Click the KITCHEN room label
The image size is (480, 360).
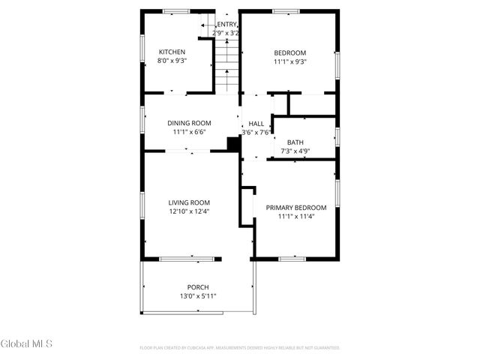tap(172, 52)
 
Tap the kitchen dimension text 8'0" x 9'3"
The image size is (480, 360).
tap(172, 61)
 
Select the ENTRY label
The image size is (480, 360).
tap(227, 24)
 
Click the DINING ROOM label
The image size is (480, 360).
tap(189, 123)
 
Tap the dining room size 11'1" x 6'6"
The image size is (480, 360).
tap(189, 132)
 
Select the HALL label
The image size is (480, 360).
tap(256, 124)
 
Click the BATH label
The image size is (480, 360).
tap(295, 142)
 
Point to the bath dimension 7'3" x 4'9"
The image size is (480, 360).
tap(295, 151)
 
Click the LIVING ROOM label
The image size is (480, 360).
tap(189, 202)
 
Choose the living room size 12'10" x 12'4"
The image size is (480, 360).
tap(189, 211)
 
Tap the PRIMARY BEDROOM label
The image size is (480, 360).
tap(296, 208)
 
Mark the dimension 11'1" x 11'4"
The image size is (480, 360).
tap(296, 217)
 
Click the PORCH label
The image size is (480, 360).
tap(198, 287)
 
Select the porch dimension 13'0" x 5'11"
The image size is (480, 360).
tap(198, 297)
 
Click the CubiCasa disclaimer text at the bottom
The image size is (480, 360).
tap(240, 348)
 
